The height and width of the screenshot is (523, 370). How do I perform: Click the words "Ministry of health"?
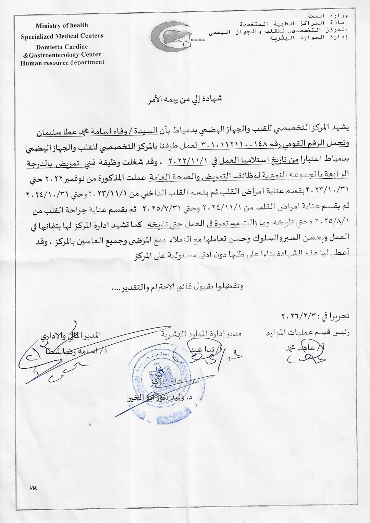[62, 25]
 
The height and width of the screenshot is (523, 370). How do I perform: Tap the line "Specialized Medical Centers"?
[62, 36]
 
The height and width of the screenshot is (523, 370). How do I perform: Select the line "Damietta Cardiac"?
[62, 47]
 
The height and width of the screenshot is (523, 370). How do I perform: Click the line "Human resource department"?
[62, 62]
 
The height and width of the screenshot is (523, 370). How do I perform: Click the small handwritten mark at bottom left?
[33, 488]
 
